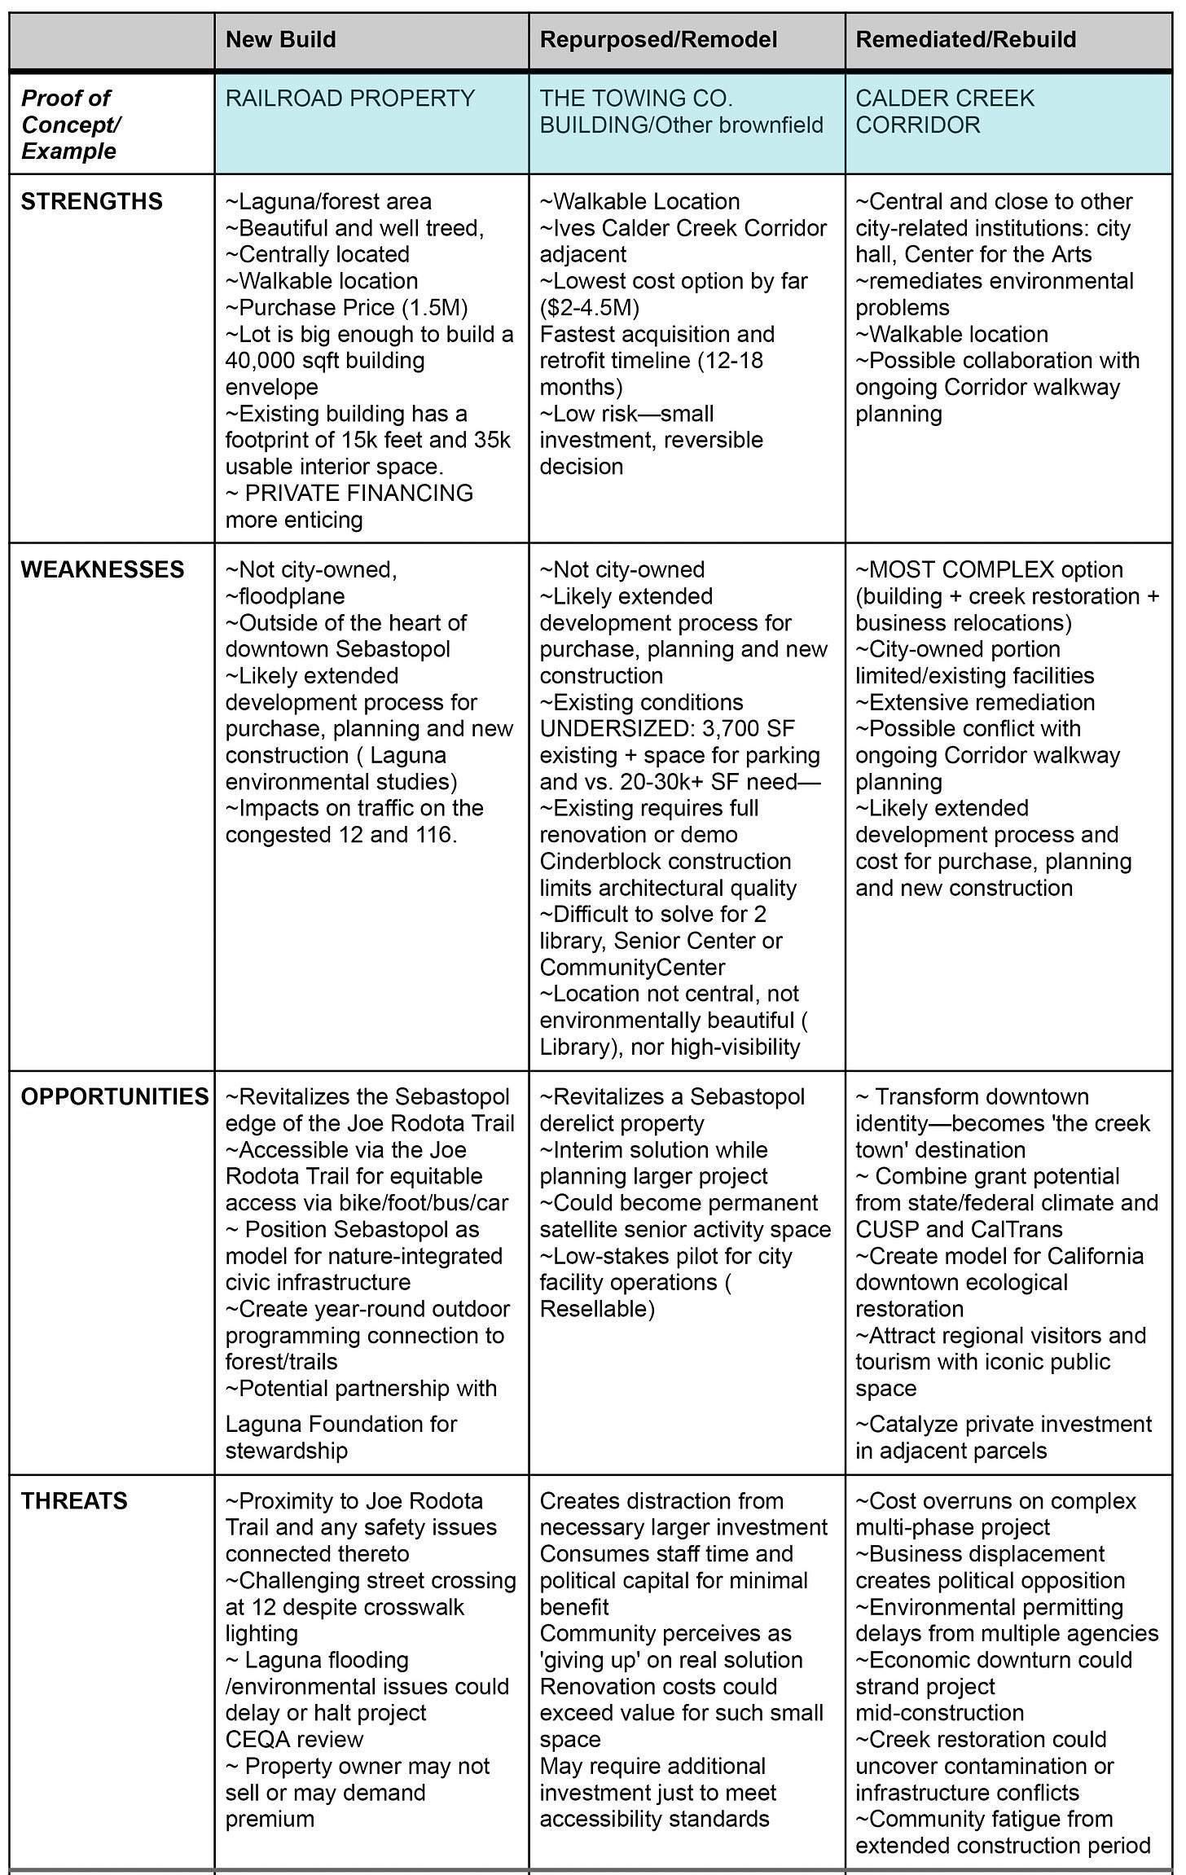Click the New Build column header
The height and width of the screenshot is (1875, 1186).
pyautogui.click(x=280, y=40)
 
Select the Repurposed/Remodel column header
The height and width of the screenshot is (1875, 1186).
pyautogui.click(x=658, y=40)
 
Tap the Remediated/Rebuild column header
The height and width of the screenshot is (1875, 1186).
pyautogui.click(x=965, y=40)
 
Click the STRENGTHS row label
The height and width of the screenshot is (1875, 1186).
pyautogui.click(x=91, y=201)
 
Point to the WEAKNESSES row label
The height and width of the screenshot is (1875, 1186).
pyautogui.click(x=103, y=569)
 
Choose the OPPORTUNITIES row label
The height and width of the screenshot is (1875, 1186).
pyautogui.click(x=115, y=1096)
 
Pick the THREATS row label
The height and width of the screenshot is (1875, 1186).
pyautogui.click(x=74, y=1501)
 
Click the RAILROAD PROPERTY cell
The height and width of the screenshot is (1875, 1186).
pyautogui.click(x=349, y=99)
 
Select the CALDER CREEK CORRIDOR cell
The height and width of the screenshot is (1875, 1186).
pyautogui.click(x=944, y=112)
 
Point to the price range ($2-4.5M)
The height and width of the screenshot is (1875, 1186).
pyautogui.click(x=589, y=308)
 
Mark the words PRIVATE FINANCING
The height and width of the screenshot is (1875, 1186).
pyautogui.click(x=358, y=493)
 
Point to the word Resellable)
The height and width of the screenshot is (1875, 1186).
pyautogui.click(x=597, y=1309)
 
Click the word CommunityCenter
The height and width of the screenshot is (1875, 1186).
pyautogui.click(x=621, y=968)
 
